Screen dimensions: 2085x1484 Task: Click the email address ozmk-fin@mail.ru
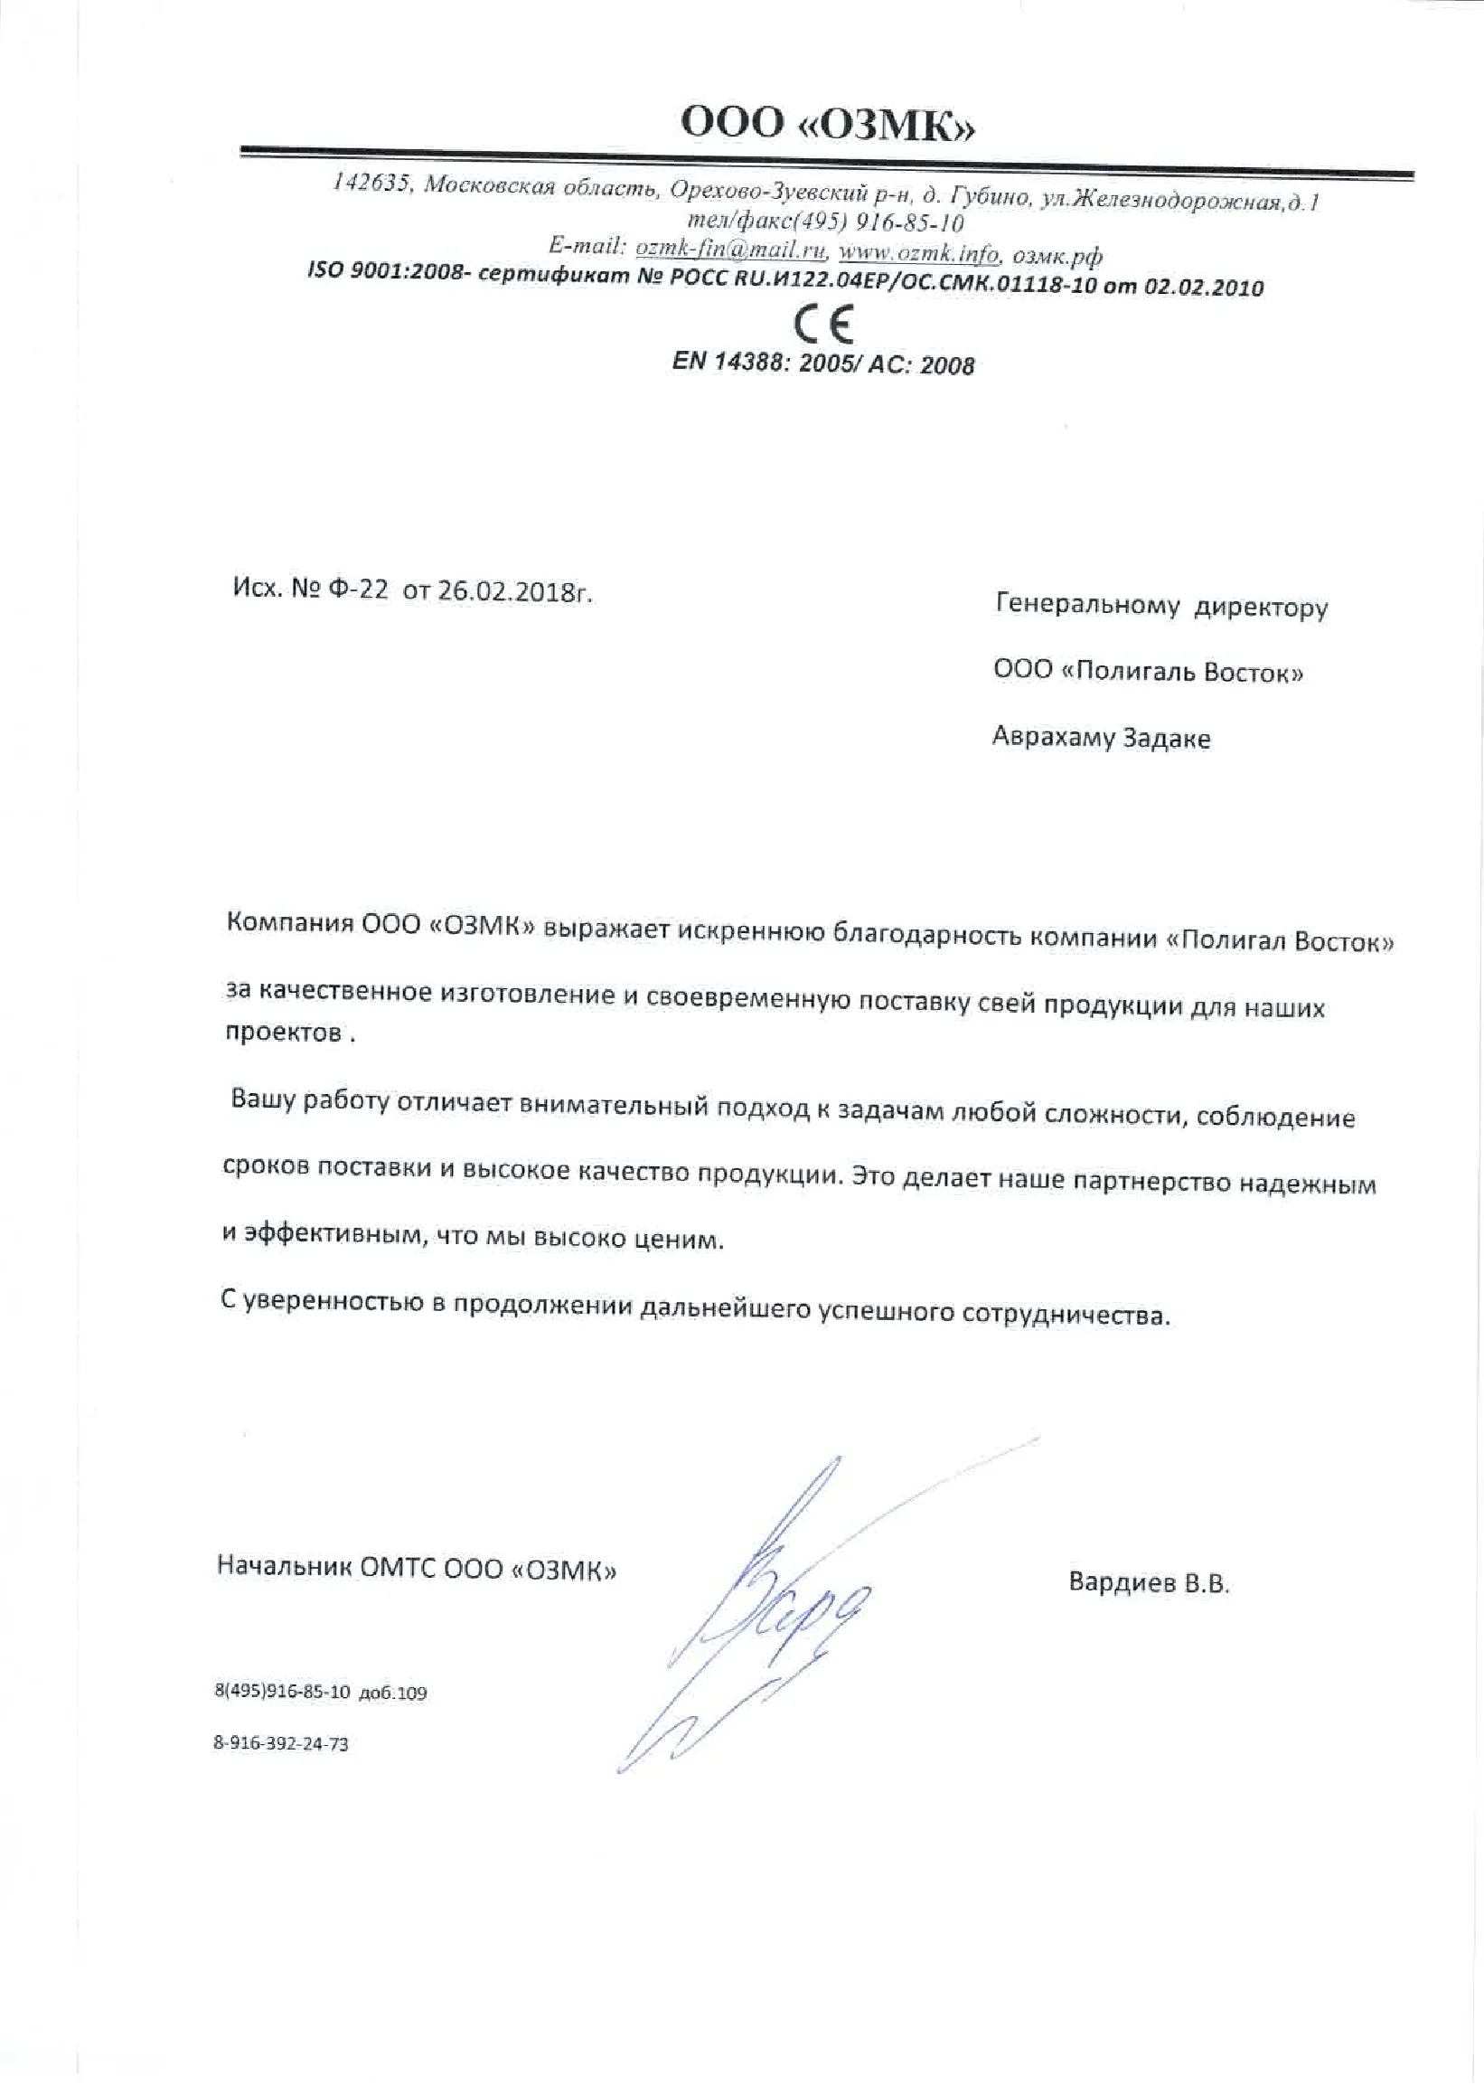click(730, 248)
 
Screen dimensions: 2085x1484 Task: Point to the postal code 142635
click(370, 183)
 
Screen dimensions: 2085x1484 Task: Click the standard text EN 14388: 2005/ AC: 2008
click(823, 363)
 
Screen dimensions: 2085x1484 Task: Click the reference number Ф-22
click(357, 590)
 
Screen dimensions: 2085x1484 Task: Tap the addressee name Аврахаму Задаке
click(1100, 738)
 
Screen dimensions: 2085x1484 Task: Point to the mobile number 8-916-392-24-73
click(280, 1743)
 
